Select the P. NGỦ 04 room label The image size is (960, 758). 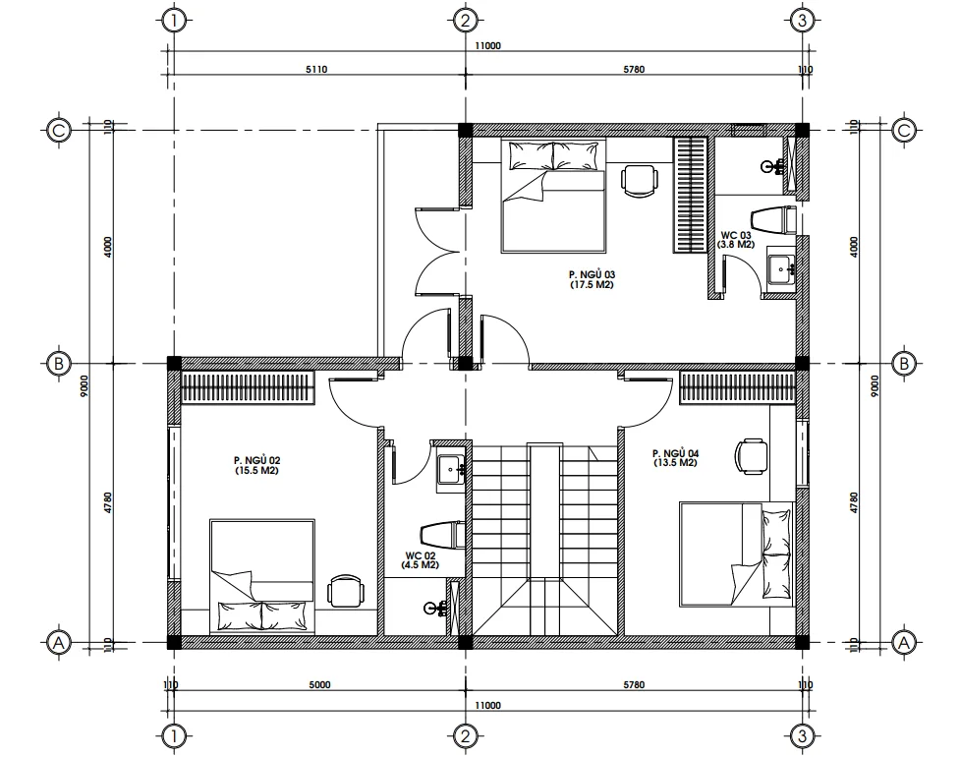(x=675, y=453)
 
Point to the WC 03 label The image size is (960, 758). (x=735, y=236)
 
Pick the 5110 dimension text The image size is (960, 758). (x=316, y=70)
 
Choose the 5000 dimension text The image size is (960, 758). (x=319, y=684)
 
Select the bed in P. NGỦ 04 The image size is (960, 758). (x=738, y=553)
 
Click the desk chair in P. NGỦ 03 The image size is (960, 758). (x=640, y=181)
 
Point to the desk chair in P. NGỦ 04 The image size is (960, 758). (x=752, y=455)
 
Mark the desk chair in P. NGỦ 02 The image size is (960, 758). (x=345, y=591)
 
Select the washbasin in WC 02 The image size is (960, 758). (x=452, y=469)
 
